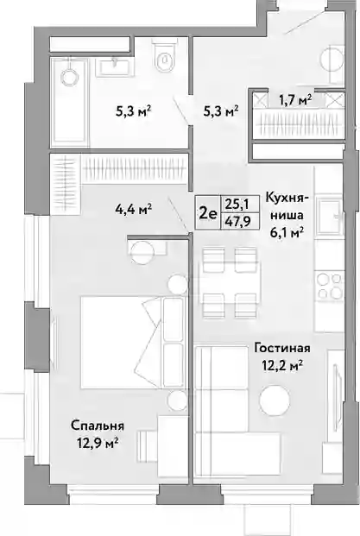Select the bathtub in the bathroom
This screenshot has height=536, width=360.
70,102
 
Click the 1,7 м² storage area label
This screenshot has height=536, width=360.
295,100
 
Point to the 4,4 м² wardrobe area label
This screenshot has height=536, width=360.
134,208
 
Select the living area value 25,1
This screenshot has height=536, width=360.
237,205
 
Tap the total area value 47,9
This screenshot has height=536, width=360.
237,221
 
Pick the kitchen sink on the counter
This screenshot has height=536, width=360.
329,216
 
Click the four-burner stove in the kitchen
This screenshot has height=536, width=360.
329,285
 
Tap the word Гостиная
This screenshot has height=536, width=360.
282,349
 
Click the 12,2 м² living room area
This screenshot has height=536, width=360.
282,366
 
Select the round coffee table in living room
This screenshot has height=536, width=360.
275,400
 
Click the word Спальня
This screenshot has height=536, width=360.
98,426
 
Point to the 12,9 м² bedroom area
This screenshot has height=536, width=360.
98,444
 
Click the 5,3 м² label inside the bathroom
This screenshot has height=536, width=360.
134,111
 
